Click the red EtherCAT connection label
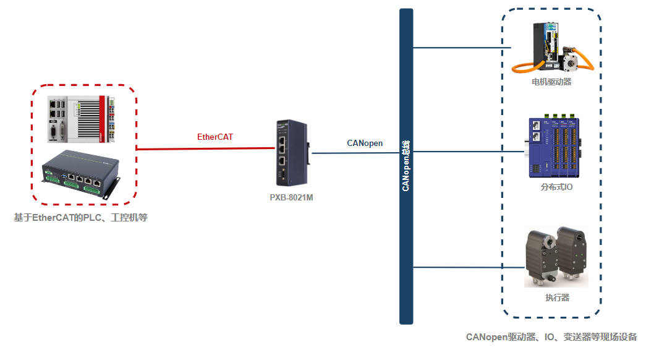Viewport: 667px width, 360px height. tap(215, 137)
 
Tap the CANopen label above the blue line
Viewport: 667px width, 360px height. tap(364, 143)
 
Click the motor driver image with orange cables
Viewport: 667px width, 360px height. tap(552, 48)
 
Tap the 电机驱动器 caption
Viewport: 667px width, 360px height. tap(551, 82)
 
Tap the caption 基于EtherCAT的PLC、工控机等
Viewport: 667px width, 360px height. tap(80, 218)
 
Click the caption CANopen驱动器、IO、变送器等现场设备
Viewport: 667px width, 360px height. tap(551, 337)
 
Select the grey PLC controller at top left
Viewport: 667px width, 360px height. tap(80, 118)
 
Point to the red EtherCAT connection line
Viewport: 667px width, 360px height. tap(204, 148)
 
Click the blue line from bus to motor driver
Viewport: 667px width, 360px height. tap(461, 47)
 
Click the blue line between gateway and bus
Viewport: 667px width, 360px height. tap(355, 152)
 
